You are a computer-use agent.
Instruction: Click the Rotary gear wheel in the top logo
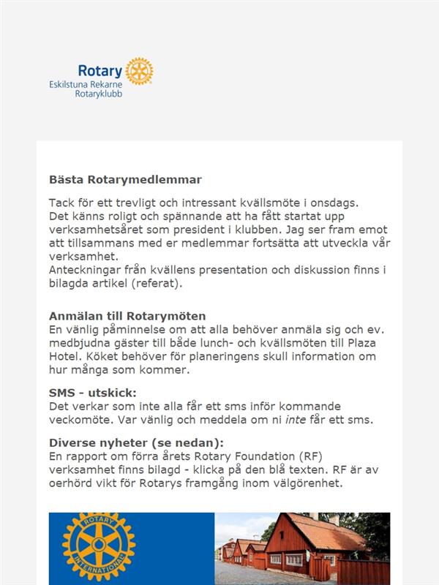coord(139,71)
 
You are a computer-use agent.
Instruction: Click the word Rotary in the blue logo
coord(100,71)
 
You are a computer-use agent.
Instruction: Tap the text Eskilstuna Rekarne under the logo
coord(85,85)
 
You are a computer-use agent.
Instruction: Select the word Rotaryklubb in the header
coord(98,94)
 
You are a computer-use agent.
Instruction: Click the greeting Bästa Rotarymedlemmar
coord(125,179)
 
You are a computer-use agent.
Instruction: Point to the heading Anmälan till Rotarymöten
coord(127,316)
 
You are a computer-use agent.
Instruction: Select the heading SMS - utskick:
coord(92,393)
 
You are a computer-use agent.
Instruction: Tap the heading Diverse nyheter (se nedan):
coord(136,442)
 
